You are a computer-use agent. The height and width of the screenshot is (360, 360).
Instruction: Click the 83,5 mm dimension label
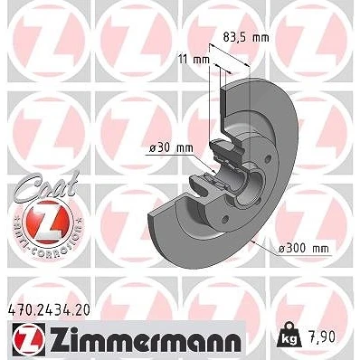click(246, 37)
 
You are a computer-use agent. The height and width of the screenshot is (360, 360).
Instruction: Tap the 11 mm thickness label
click(194, 60)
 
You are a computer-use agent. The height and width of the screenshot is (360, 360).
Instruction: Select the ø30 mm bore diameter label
click(172, 148)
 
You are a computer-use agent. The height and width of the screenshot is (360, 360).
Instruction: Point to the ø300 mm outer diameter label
click(303, 249)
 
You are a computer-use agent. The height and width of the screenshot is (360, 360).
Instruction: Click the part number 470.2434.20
click(48, 310)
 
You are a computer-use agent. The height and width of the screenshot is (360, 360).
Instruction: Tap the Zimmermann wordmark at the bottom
click(146, 341)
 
